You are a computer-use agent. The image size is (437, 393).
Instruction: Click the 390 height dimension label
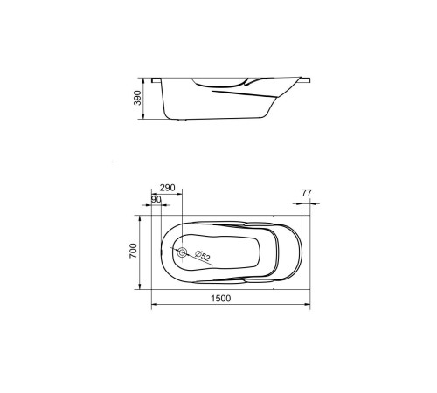click(x=137, y=98)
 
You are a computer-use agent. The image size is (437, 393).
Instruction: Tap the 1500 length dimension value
click(x=221, y=299)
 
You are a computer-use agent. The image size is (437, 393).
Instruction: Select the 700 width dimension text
click(x=133, y=251)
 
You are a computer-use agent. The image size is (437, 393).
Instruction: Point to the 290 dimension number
click(x=168, y=188)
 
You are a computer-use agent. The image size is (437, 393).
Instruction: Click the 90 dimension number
click(x=156, y=200)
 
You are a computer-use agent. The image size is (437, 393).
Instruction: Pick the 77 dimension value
click(x=307, y=193)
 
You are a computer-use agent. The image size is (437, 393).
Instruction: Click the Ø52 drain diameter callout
click(x=203, y=255)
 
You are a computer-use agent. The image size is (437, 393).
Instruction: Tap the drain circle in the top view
click(x=182, y=252)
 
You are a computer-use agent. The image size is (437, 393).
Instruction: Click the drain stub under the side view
click(x=182, y=120)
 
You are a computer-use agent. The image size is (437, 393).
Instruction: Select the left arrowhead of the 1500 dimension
click(x=155, y=304)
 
